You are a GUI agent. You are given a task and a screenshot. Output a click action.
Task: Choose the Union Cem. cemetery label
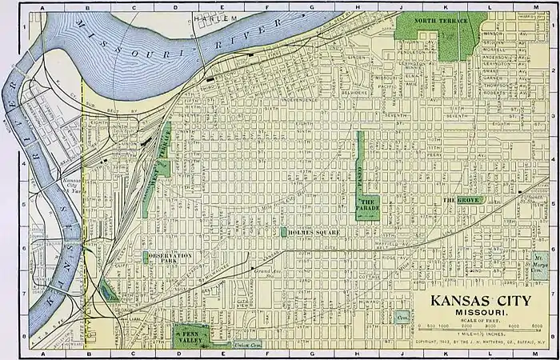[250, 345]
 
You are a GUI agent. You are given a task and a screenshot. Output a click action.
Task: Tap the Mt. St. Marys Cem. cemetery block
[542, 262]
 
